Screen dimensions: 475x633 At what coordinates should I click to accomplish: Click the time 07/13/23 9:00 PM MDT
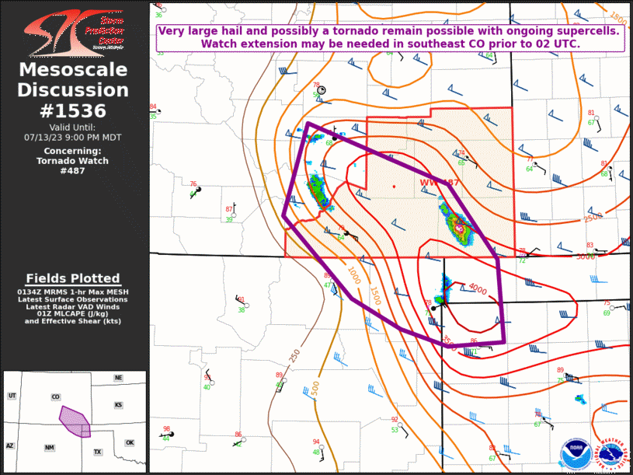tap(73, 137)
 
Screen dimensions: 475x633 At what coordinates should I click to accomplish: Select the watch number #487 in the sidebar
tap(73, 171)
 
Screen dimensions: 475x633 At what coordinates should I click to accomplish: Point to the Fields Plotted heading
tap(73, 278)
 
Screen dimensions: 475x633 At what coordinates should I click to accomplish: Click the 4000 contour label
tap(477, 291)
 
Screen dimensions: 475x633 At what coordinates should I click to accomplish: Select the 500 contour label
tap(315, 387)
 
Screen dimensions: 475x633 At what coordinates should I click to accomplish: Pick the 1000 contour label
tap(353, 275)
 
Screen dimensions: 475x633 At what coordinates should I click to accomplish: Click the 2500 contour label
tap(593, 217)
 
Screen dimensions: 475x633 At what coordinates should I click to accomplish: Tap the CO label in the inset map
tap(55, 396)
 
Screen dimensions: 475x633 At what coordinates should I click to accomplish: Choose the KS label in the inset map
tap(118, 405)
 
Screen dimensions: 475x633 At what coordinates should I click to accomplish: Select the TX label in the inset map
tap(98, 452)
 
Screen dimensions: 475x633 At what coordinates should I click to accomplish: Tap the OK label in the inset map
tap(129, 442)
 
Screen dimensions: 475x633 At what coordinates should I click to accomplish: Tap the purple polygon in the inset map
tap(73, 421)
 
